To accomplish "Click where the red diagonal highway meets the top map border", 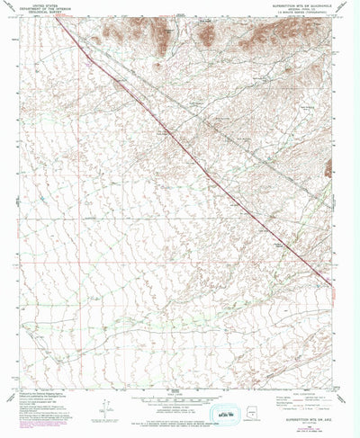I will point(60,20).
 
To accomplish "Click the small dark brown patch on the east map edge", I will point(329,166).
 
